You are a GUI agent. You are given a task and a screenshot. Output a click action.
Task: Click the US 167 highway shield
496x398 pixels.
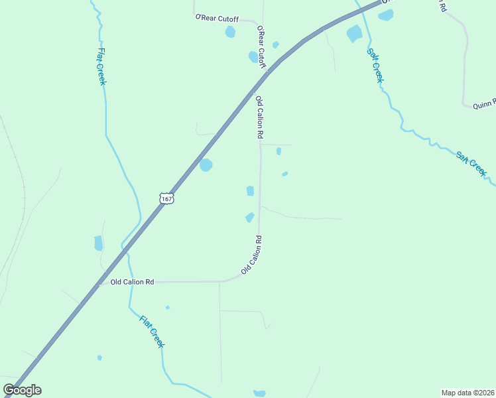click(x=166, y=198)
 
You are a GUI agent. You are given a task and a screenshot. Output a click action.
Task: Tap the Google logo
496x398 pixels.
click(x=22, y=390)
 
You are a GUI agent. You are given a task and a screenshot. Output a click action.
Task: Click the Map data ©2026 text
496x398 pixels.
click(x=468, y=393)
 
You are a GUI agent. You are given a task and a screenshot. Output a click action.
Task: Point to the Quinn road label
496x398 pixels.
click(x=484, y=104)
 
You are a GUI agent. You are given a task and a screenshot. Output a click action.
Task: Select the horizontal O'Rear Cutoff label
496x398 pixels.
click(x=216, y=18)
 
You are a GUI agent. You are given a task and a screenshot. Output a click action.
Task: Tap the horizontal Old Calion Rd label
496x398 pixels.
click(x=132, y=282)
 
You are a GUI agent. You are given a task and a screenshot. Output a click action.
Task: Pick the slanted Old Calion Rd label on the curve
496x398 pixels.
click(x=253, y=255)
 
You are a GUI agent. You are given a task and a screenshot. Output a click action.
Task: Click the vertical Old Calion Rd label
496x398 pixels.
click(x=260, y=117)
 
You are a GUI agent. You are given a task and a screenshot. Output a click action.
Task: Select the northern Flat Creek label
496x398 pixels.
click(x=102, y=66)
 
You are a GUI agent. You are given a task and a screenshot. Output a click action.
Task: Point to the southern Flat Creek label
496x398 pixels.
click(x=152, y=331)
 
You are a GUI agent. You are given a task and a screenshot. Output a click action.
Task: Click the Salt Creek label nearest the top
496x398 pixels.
click(x=375, y=64)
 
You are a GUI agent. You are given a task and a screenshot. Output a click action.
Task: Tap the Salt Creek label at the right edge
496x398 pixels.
click(x=471, y=164)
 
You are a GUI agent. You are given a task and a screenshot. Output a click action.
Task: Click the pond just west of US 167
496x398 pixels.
click(x=99, y=243)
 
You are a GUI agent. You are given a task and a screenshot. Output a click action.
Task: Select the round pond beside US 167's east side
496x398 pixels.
click(x=206, y=165)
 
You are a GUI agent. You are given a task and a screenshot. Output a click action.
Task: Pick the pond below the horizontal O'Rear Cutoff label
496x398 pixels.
click(x=230, y=32)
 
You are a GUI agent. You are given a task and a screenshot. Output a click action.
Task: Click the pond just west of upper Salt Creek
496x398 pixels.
click(x=354, y=33)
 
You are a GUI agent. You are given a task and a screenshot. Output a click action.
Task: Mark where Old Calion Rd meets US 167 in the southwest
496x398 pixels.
click(x=99, y=283)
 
